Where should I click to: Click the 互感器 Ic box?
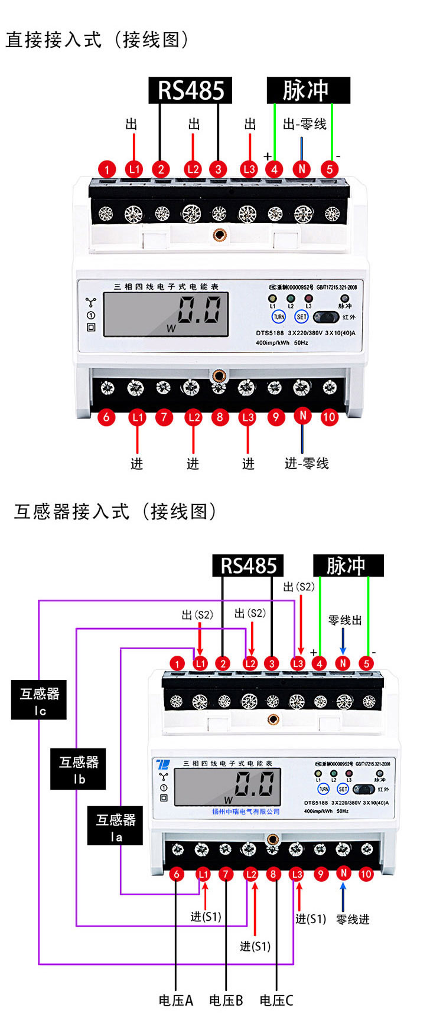point(39,700)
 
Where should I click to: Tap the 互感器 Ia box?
point(115,826)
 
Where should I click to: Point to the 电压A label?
point(176,1000)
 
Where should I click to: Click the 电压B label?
point(226,1000)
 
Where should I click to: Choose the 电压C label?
point(276,1000)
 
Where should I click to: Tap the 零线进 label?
point(353,920)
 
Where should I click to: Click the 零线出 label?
point(345,620)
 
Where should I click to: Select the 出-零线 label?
point(305,125)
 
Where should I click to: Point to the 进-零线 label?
point(307,464)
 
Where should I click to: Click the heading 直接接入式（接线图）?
point(97,40)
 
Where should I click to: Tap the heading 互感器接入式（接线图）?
point(116,512)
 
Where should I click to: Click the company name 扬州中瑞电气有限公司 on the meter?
point(246,812)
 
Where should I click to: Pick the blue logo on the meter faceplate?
point(163,764)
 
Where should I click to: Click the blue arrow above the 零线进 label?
point(343,897)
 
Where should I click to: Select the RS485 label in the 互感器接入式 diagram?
point(248,566)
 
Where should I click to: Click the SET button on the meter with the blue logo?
point(343,789)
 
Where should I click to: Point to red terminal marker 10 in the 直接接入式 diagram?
point(329,417)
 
